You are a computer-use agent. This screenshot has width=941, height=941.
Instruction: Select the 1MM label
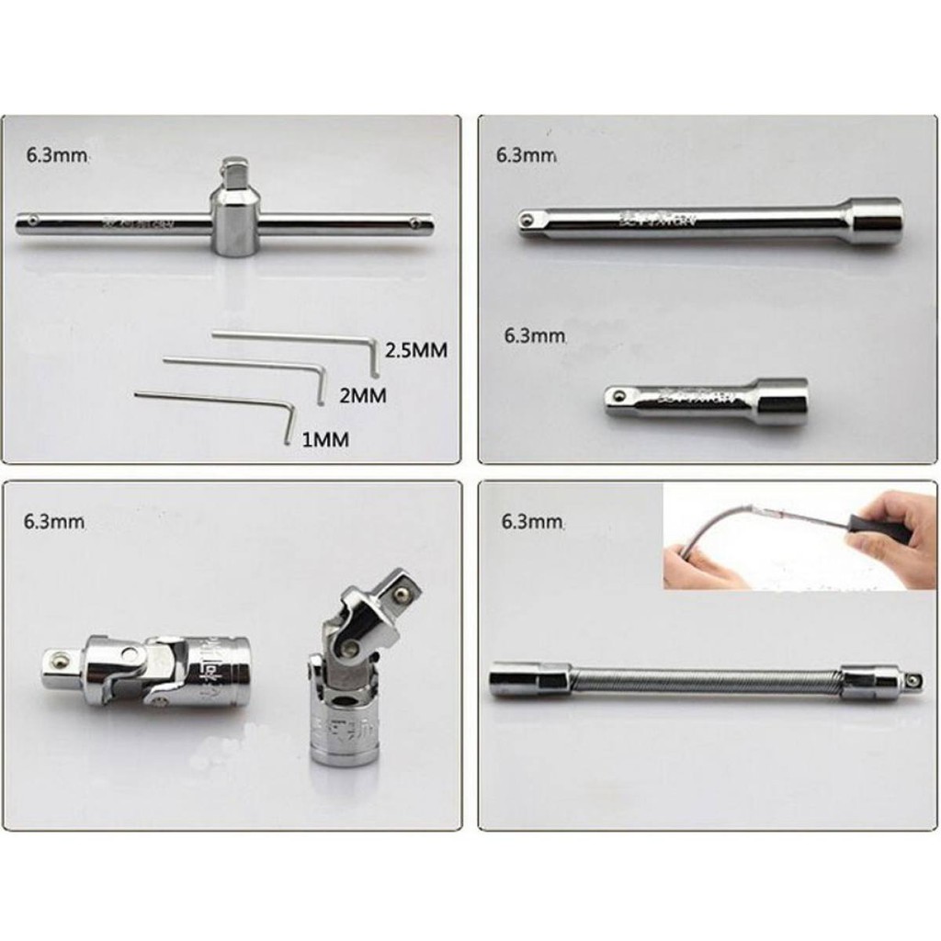point(325,440)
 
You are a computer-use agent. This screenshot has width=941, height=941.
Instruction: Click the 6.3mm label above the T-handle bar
point(56,154)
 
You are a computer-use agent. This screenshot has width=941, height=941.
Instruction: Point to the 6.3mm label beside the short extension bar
point(534,336)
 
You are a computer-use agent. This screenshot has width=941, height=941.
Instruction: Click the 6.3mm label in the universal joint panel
point(54,522)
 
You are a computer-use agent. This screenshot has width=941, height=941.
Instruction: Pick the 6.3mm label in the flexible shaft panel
point(530,522)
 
